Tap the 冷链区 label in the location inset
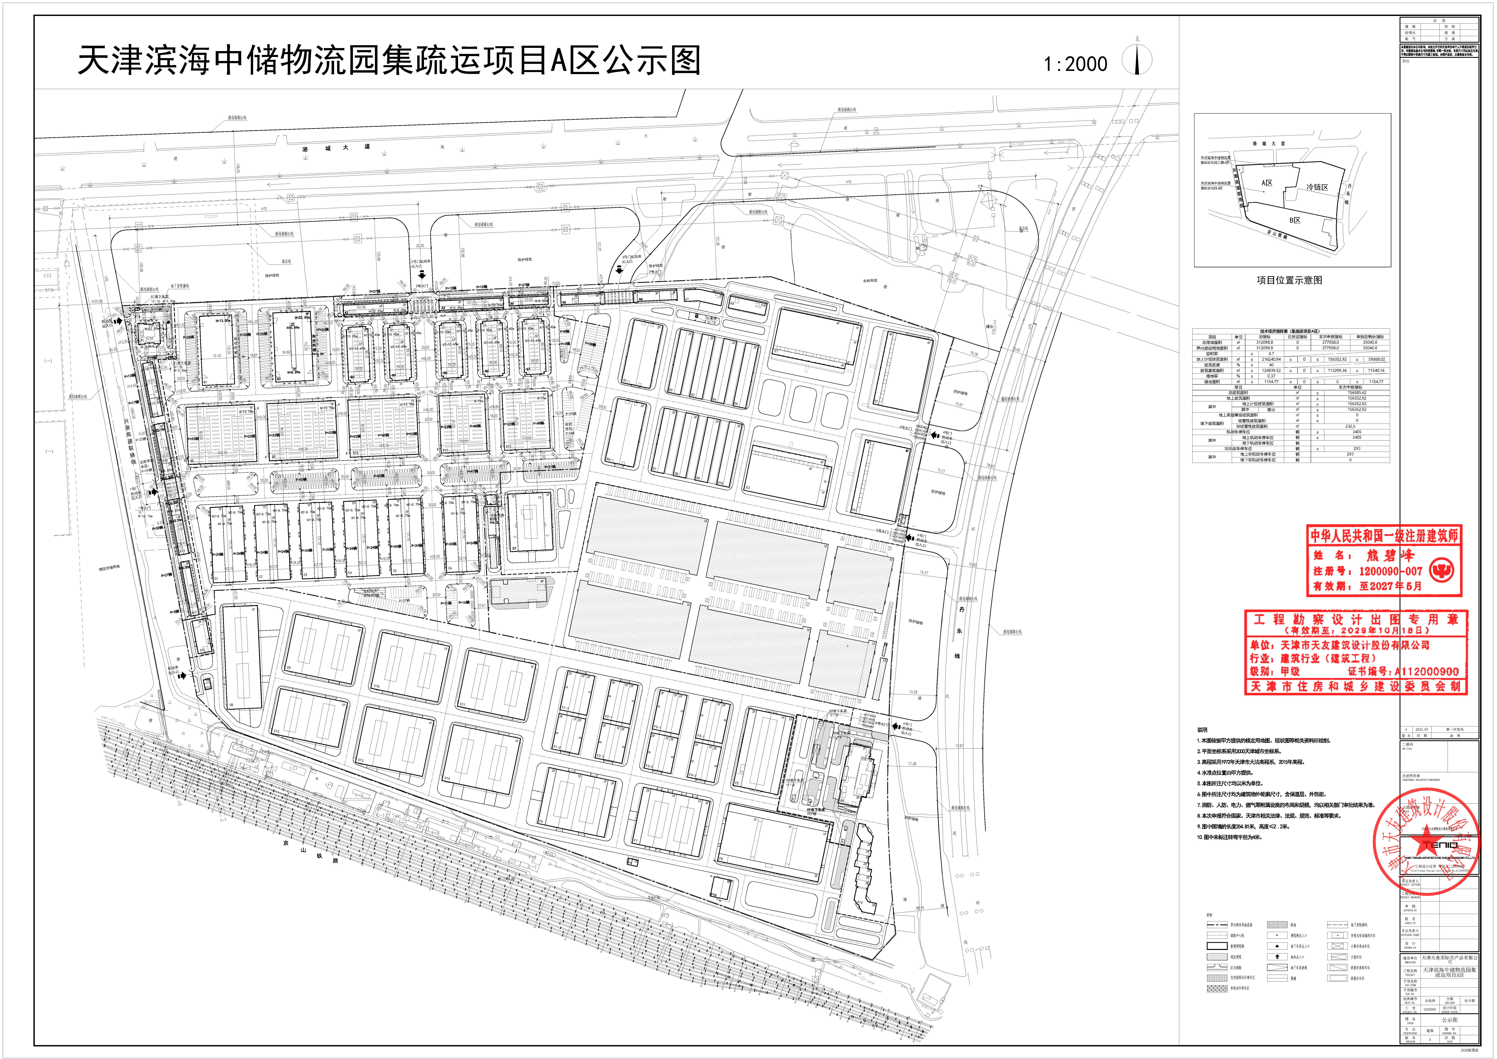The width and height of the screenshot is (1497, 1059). (x=1316, y=187)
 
